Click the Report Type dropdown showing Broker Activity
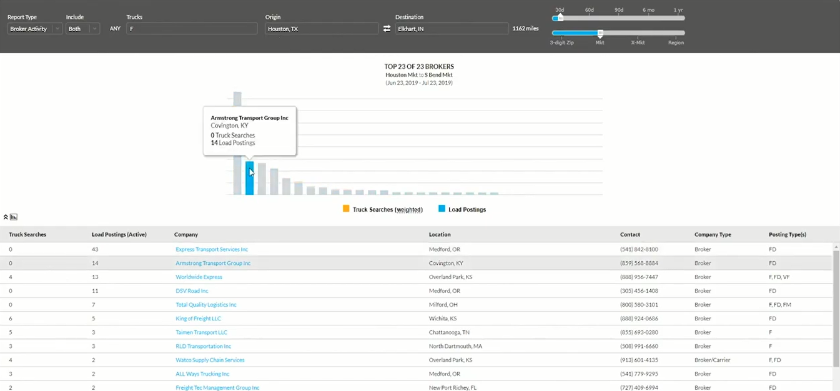coord(34,29)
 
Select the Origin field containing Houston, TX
coord(321,29)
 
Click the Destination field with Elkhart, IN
coord(451,29)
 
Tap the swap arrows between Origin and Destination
coord(387,29)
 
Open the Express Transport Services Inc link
coord(212,249)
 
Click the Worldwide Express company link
coord(199,277)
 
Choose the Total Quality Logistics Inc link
coord(206,305)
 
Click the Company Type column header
coord(713,235)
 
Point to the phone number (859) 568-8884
coord(639,263)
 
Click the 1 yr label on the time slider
coord(678,10)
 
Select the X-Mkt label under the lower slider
coord(638,42)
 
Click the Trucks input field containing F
coord(192,29)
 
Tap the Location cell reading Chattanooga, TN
coord(449,332)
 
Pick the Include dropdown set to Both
coord(82,29)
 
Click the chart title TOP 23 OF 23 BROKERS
coord(419,66)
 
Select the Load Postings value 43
coord(95,249)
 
